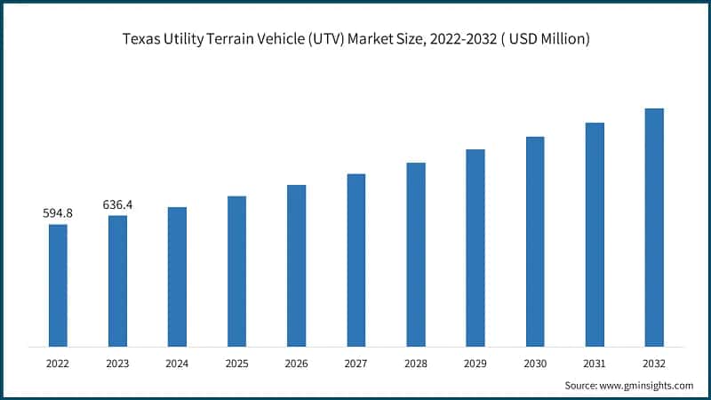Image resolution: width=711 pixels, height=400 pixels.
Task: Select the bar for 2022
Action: tap(58, 285)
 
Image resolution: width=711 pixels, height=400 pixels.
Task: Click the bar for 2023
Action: tap(117, 281)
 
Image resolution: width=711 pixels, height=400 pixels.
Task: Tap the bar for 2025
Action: tap(236, 271)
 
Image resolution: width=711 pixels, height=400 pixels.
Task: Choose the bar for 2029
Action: tap(475, 248)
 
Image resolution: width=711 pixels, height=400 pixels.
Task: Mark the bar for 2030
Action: tap(535, 242)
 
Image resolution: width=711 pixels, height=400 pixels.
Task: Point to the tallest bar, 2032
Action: tap(654, 228)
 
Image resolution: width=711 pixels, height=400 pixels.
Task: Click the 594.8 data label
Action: tap(58, 213)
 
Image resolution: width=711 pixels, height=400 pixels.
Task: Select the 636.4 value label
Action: tap(117, 204)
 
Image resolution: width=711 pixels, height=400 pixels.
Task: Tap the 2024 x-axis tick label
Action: tap(177, 363)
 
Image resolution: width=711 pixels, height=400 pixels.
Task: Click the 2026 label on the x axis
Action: tap(296, 363)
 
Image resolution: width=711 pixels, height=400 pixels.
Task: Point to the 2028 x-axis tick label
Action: tap(416, 363)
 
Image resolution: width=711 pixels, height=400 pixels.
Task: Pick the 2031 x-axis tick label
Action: tap(595, 363)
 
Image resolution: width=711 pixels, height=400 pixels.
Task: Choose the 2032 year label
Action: tap(654, 363)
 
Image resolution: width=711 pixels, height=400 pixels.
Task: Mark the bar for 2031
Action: tap(595, 235)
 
